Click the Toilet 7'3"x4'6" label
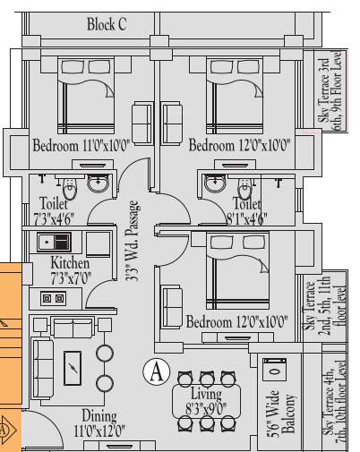pyautogui.click(x=56, y=209)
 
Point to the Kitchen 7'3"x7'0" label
pyautogui.click(x=69, y=269)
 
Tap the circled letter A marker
pyautogui.click(x=157, y=370)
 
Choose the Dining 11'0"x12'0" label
pyautogui.click(x=99, y=422)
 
